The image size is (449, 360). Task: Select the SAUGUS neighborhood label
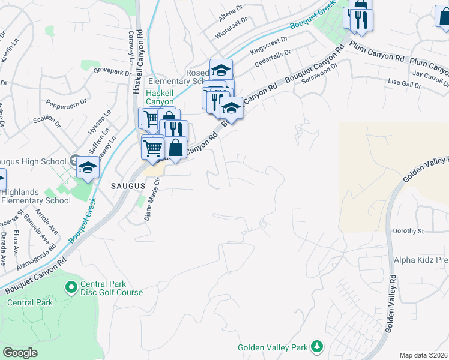128,186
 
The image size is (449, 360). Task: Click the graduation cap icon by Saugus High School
88,167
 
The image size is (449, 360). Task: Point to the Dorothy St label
408,230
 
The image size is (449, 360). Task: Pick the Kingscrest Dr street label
270,42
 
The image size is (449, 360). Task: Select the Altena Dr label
231,9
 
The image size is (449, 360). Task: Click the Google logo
20,353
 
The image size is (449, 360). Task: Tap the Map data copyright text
424,355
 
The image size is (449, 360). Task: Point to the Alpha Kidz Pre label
421,260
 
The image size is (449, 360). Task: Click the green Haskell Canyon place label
160,98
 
